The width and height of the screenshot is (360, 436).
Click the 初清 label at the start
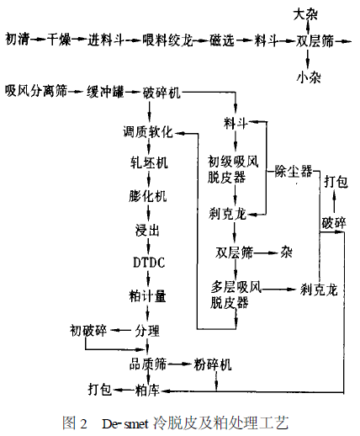coord(18,39)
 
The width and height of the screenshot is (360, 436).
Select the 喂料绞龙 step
coord(167,40)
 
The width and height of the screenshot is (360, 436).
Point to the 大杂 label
coord(305,14)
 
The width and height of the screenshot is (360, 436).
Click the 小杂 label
coord(309,77)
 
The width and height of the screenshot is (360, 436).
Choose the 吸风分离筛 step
coord(36,91)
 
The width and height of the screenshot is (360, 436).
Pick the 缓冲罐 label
coord(105,92)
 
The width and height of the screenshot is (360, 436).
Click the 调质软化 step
coord(148,131)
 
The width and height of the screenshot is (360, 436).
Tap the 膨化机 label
coord(148,196)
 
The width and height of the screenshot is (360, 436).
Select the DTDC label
coord(149,263)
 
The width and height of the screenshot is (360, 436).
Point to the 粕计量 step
coord(148,296)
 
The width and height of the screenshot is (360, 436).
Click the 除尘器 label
coord(294,171)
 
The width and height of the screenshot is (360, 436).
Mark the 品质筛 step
coord(148,364)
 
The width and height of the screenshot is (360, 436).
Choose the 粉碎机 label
coord(213,364)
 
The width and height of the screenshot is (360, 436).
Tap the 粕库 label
coord(147,390)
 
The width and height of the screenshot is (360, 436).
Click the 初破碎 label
coord(88,330)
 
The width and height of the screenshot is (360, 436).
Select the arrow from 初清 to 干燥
coord(38,40)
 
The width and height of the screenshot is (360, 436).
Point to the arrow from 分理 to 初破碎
coord(121,331)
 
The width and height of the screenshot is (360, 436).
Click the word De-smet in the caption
coord(124,423)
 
